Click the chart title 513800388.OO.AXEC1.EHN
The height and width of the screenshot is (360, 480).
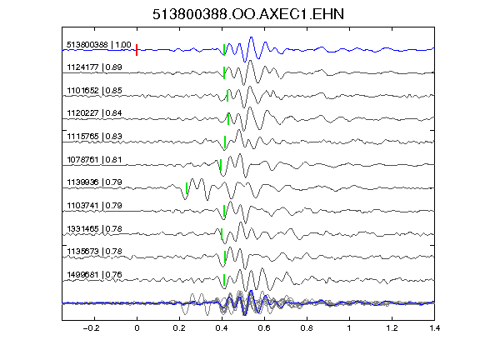coord(248,14)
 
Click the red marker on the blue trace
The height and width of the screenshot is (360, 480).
coord(137,50)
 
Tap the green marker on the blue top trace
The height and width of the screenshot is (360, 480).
coord(224,50)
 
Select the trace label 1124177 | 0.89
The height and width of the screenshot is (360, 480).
coord(94,67)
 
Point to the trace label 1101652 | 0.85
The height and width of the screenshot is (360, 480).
coord(94,91)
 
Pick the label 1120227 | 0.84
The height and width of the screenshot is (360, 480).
coord(94,113)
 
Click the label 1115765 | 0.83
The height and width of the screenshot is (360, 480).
coord(94,137)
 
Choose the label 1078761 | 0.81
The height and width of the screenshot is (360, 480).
coord(94,160)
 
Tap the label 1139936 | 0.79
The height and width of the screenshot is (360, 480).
coord(94,182)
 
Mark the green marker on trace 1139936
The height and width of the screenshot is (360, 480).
coord(187,188)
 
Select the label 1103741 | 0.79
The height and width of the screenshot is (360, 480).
coord(94,205)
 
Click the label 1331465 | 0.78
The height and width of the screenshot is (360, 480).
coord(94,229)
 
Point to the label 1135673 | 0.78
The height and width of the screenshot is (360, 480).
coord(94,252)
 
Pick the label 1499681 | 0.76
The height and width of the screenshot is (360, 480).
coord(94,275)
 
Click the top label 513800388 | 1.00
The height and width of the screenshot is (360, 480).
coord(99,45)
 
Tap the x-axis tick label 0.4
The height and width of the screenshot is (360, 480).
coord(222,328)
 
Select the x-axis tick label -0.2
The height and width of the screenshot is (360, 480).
coord(91,328)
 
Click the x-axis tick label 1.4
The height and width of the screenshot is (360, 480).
coord(434,328)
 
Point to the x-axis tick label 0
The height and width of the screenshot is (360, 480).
coord(137,328)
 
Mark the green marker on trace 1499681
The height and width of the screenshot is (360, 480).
coord(224,280)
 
